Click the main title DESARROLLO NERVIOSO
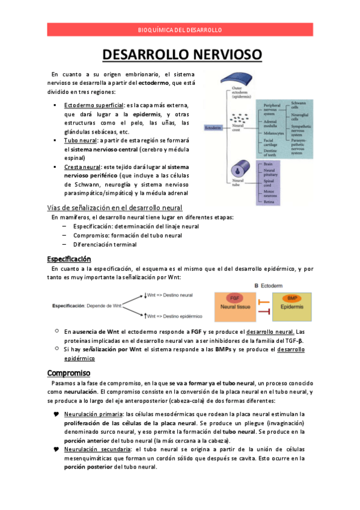(182, 55)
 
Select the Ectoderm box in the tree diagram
(213, 128)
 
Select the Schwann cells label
(299, 104)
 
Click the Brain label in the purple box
(268, 163)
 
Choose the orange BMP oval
(292, 298)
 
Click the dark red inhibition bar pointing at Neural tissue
(261, 301)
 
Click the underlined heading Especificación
(69, 259)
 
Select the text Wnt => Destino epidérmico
(175, 315)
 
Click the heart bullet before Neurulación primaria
(56, 414)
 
